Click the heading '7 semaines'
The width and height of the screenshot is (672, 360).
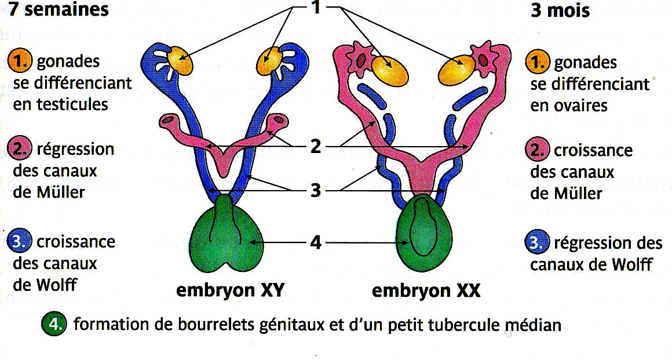(x=59, y=9)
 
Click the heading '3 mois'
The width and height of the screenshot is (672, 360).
(x=560, y=10)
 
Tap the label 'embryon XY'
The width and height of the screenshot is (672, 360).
(x=230, y=291)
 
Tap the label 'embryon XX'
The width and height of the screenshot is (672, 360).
(x=426, y=291)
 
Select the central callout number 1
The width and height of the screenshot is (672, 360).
(x=316, y=8)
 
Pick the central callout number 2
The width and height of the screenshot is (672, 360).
(x=316, y=147)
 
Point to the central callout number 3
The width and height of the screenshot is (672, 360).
(x=316, y=190)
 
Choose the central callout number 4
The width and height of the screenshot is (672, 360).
(x=316, y=242)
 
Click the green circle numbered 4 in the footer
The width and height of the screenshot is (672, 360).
(x=54, y=324)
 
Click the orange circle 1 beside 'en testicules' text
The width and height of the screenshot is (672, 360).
(x=20, y=61)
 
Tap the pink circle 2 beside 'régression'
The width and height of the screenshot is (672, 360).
(x=20, y=149)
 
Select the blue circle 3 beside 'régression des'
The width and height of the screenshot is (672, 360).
(x=537, y=243)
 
